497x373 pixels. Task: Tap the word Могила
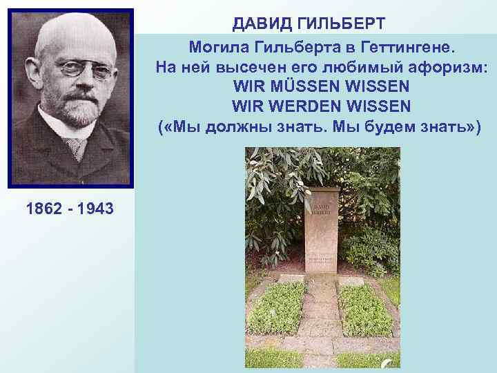(x=219, y=48)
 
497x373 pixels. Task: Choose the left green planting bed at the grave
(x=277, y=308)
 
